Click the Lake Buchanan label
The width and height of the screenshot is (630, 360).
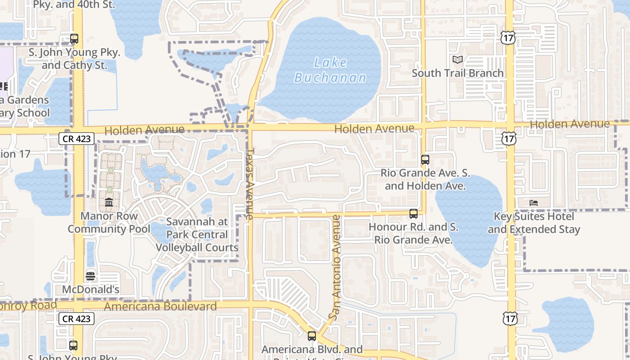coord(330,70)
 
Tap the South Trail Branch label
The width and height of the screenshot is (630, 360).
coord(457,73)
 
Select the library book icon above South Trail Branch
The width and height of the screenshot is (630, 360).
coord(458,59)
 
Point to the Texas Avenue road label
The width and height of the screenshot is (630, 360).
coord(251,180)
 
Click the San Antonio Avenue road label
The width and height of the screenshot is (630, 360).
coord(336,268)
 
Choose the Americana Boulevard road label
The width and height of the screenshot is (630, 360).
coord(160,306)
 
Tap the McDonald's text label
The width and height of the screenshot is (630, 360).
coord(90,289)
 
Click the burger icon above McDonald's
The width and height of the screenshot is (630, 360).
coord(90,276)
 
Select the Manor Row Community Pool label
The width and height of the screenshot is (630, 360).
coord(109,222)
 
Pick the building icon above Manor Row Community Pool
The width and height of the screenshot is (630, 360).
coord(109,202)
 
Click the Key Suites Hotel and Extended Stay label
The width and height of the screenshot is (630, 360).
coord(534,223)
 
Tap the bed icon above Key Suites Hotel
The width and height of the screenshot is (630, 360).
coord(534,203)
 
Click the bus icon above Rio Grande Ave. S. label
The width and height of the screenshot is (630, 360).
coord(425,159)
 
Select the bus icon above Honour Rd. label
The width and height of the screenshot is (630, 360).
coord(414,214)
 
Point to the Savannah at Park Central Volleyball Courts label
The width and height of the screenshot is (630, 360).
coord(197,234)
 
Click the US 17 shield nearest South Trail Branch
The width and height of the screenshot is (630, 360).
coord(508,38)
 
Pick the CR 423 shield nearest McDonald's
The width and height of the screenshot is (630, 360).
coord(76,319)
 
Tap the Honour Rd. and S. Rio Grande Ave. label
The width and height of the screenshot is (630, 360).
coord(414,233)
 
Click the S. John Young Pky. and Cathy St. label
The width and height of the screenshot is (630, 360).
coord(75,59)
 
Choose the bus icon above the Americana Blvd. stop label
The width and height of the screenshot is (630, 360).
coord(311,336)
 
